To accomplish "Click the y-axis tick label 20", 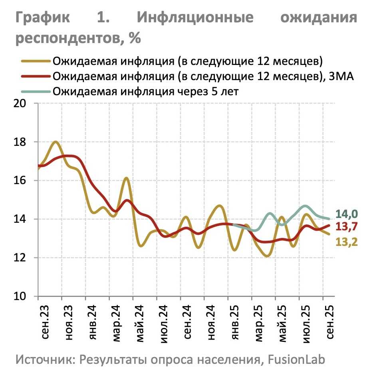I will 21,104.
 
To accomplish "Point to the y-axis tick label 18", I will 21,142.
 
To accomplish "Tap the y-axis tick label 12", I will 21,258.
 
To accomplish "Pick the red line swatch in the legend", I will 36,76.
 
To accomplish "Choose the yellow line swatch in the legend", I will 36,61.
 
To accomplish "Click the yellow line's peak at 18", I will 56,142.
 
